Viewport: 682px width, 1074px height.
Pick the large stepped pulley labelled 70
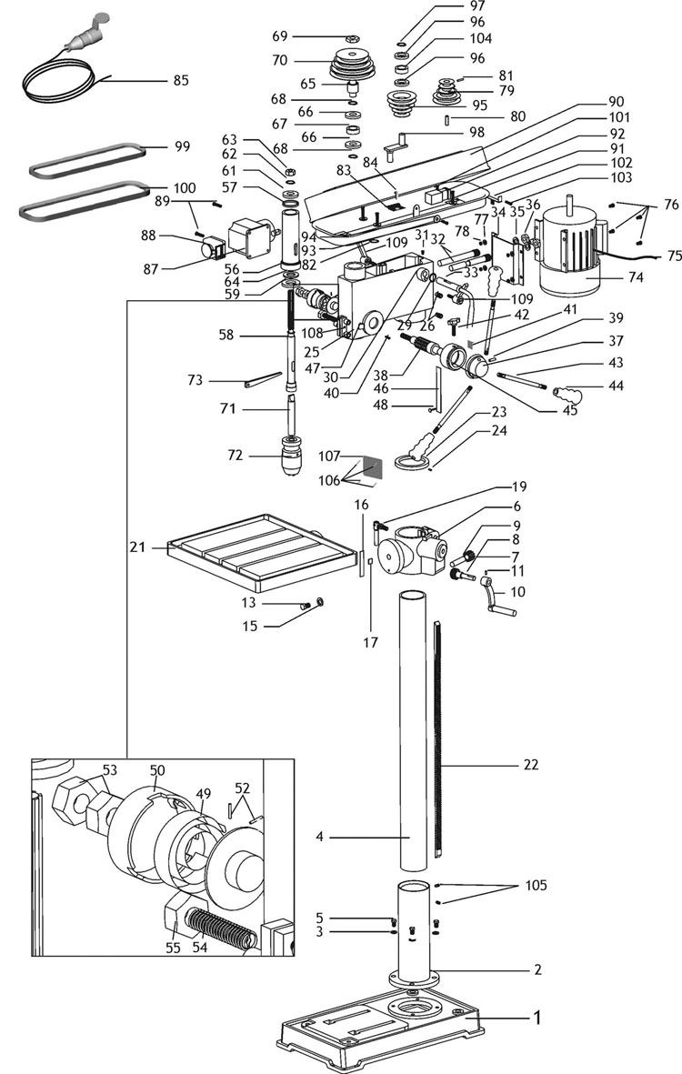(x=354, y=65)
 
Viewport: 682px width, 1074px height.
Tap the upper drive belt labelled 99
(x=87, y=160)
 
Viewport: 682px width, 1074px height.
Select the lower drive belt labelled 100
(x=85, y=200)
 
